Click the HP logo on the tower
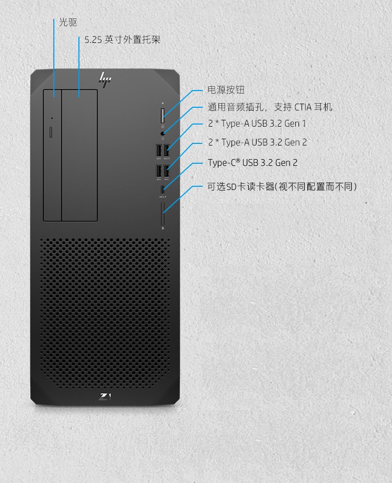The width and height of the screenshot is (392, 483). pos(105,80)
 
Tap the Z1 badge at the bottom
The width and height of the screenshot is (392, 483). pos(105,397)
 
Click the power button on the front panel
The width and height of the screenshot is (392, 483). pos(163,116)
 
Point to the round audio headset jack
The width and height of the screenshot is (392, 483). pos(163,133)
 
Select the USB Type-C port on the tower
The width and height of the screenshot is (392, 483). pos(163,189)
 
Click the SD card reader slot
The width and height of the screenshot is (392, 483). pos(163,214)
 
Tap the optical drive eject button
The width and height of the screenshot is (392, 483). pos(51,132)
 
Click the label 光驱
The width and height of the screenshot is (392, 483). pos(68,22)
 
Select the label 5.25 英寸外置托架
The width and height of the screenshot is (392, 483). pos(122,39)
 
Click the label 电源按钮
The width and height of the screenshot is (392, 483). pos(226,89)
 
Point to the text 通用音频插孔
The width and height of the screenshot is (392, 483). pos(235,107)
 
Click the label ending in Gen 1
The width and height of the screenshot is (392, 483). pos(257,124)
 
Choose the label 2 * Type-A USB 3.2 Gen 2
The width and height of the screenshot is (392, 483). pos(257,142)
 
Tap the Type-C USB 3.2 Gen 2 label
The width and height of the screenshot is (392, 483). pos(252,163)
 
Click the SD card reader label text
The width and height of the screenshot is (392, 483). pos(282,186)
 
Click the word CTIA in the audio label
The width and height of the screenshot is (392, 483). pos(303,107)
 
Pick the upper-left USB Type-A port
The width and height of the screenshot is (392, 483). pos(159,150)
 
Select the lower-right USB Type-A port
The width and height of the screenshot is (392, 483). pos(166,171)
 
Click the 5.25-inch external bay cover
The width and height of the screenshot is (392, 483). pos(79,155)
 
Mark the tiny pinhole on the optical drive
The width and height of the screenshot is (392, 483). pos(52,118)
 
